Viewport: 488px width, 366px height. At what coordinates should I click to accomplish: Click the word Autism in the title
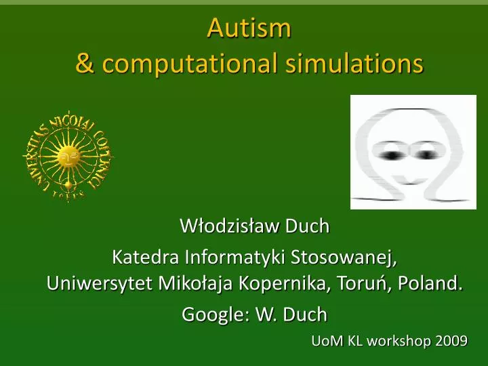coord(249,28)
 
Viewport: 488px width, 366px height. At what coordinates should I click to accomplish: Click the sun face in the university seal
coord(66,157)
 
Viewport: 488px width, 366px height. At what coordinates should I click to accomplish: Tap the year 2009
coord(452,341)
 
